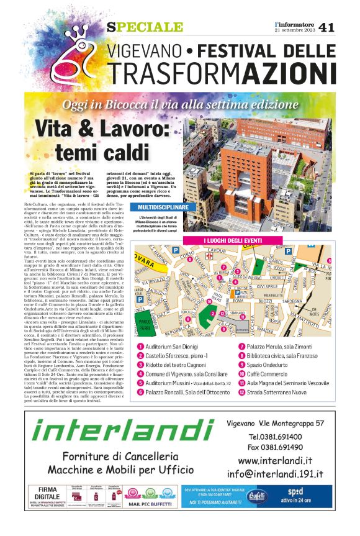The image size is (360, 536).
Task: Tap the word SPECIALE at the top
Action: tap(145, 27)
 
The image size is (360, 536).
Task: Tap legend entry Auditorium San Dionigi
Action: tap(173, 347)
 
